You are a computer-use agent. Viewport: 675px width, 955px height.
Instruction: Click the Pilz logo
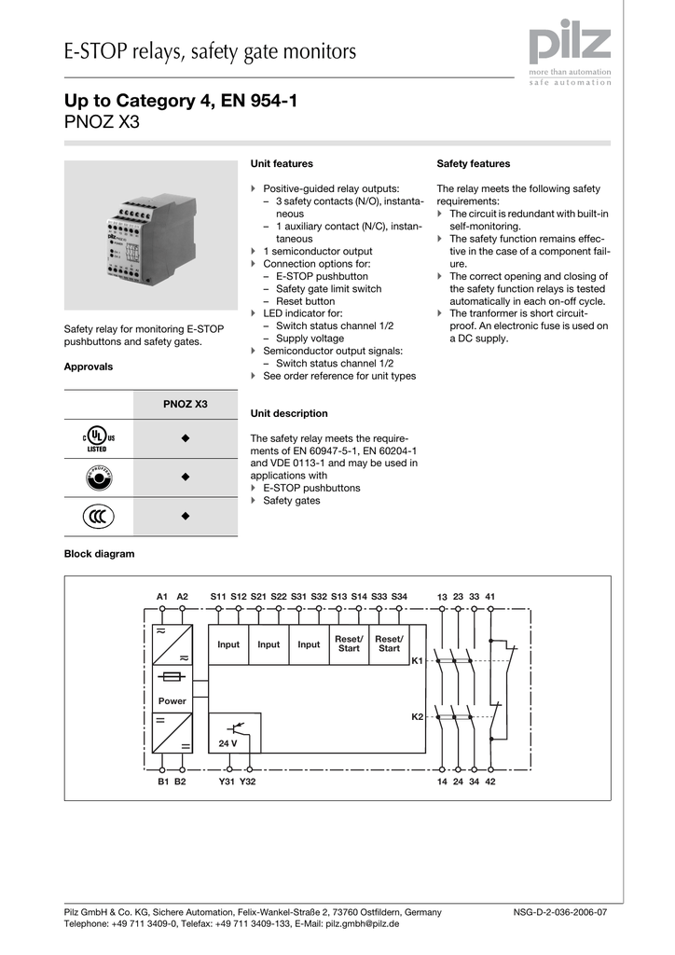coord(570,46)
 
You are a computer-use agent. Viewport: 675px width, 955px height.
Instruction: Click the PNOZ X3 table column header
coord(186,404)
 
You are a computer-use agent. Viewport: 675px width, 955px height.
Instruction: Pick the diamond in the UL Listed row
coord(186,438)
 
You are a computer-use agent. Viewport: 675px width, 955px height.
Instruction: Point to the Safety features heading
coord(474,163)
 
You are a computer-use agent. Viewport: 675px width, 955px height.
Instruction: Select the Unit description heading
coord(289,413)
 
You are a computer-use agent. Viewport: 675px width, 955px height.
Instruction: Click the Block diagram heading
coord(99,554)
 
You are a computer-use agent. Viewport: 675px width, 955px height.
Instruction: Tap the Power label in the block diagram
coord(172,700)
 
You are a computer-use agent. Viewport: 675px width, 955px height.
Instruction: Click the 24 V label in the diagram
coord(227,743)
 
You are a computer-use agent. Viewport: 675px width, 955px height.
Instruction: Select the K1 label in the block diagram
coord(418,660)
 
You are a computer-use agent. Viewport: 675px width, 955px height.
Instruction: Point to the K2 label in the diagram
coord(418,716)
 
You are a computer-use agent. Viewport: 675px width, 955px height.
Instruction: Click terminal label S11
coord(218,596)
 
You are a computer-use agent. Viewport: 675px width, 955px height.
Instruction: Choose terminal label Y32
coord(247,782)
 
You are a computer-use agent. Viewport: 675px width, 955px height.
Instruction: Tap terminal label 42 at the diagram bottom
coord(490,782)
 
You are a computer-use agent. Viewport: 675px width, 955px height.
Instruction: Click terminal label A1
coord(162,596)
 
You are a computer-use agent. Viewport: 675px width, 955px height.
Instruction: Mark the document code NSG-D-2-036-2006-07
coord(560,912)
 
